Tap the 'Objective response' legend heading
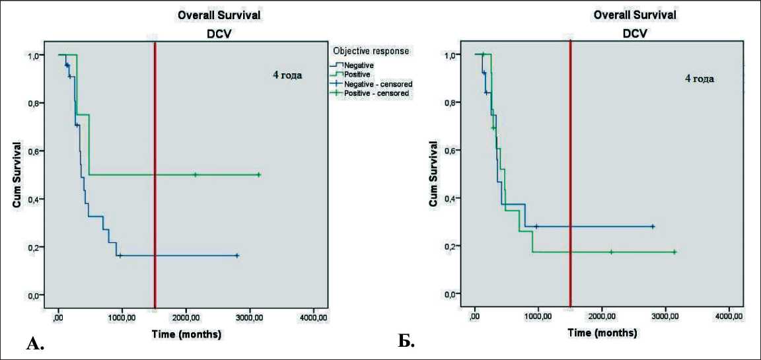coord(371,51)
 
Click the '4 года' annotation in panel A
coord(287,75)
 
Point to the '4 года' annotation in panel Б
coord(699,78)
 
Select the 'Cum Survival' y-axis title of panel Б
coord(433,174)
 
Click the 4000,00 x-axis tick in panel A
coord(313,318)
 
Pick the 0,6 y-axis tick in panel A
coord(32,151)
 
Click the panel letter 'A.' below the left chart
coord(35,342)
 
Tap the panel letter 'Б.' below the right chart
coord(406,342)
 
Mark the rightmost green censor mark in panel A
coord(259,175)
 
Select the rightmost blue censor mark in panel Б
coord(653,227)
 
